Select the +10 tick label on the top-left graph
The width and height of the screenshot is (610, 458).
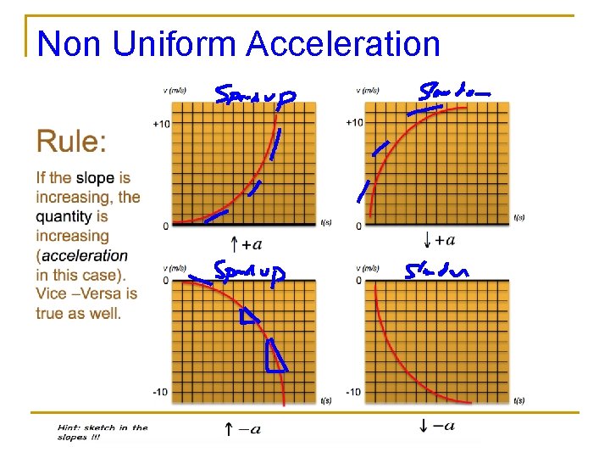click(161, 124)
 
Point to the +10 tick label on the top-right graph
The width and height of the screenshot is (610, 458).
click(354, 123)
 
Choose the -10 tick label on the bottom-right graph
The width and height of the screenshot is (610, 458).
click(352, 392)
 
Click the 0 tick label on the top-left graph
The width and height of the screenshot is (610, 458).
click(166, 226)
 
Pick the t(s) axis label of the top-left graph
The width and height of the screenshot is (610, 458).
click(326, 223)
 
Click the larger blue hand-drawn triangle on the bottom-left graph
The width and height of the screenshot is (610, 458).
click(275, 356)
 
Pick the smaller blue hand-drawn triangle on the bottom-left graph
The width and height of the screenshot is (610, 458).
click(248, 317)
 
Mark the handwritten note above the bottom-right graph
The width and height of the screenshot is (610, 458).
click(435, 271)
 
